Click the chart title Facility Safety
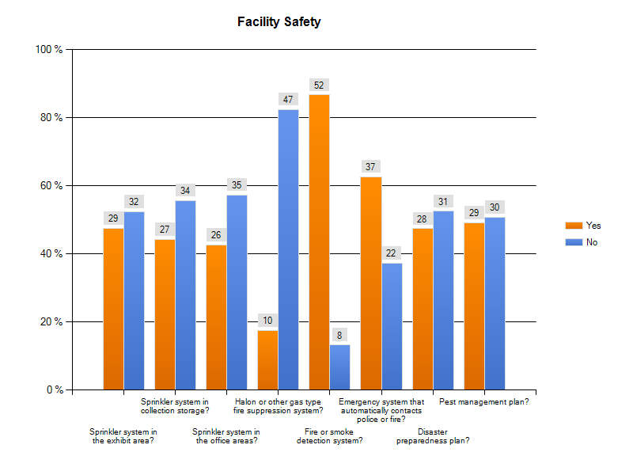pyautogui.click(x=279, y=22)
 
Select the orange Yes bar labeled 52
pyautogui.click(x=320, y=241)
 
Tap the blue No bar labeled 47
pyautogui.click(x=288, y=249)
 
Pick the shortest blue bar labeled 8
pyautogui.click(x=339, y=367)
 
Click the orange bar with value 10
pyautogui.click(x=268, y=359)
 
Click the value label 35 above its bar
pyautogui.click(x=237, y=184)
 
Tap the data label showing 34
pyautogui.click(x=185, y=191)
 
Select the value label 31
pyautogui.click(x=443, y=201)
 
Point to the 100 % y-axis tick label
pyautogui.click(x=49, y=50)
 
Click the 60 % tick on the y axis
pyautogui.click(x=51, y=186)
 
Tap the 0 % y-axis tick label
pyautogui.click(x=54, y=390)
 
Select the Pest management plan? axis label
pyautogui.click(x=483, y=402)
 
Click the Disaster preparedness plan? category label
pyautogui.click(x=433, y=437)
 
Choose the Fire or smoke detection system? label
pyautogui.click(x=330, y=437)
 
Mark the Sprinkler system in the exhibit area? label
pyautogui.click(x=123, y=437)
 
